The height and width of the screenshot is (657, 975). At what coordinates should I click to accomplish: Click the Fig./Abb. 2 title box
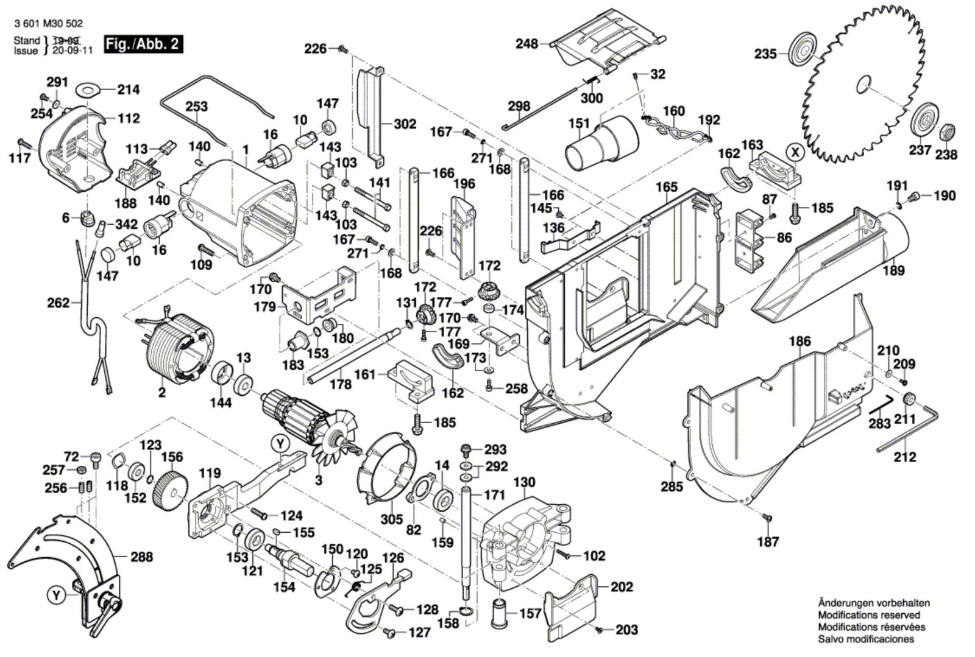click(x=143, y=44)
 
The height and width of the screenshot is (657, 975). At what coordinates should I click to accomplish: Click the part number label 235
click(x=765, y=54)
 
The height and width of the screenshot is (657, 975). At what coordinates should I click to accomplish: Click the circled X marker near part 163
click(x=794, y=151)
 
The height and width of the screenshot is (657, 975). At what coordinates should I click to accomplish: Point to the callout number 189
click(x=894, y=270)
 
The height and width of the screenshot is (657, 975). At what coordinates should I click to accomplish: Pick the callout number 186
click(x=801, y=342)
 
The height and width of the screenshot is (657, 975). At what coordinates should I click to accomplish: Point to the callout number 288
click(x=141, y=557)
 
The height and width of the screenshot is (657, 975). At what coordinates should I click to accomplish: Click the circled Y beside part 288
click(x=56, y=596)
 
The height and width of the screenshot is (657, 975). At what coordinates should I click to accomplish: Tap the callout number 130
click(x=524, y=483)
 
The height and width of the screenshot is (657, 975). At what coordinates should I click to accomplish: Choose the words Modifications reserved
click(x=869, y=615)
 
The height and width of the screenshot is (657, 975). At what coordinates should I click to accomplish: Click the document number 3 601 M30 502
click(x=48, y=24)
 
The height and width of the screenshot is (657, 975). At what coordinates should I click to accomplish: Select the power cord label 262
click(x=58, y=302)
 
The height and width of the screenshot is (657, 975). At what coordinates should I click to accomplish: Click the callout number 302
click(x=405, y=124)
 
